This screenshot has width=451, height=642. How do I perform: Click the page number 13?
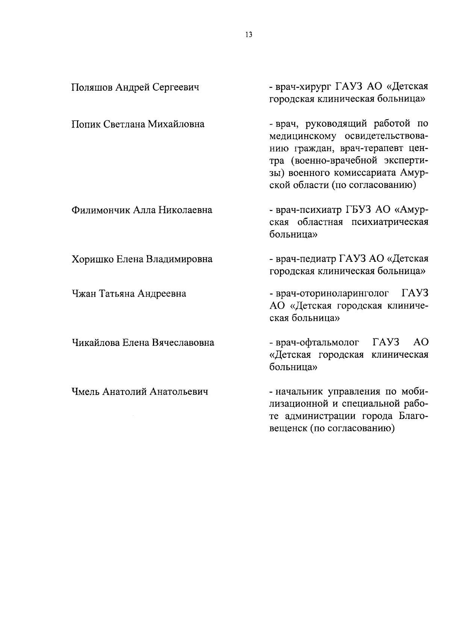coord(248,35)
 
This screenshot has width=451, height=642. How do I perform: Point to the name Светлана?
coord(123,124)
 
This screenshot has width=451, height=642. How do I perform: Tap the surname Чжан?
coord(84,293)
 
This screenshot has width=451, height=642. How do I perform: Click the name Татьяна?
coord(117,293)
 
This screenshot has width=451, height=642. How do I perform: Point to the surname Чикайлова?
coord(96,343)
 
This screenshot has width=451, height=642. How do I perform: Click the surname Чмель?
coord(85,392)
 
